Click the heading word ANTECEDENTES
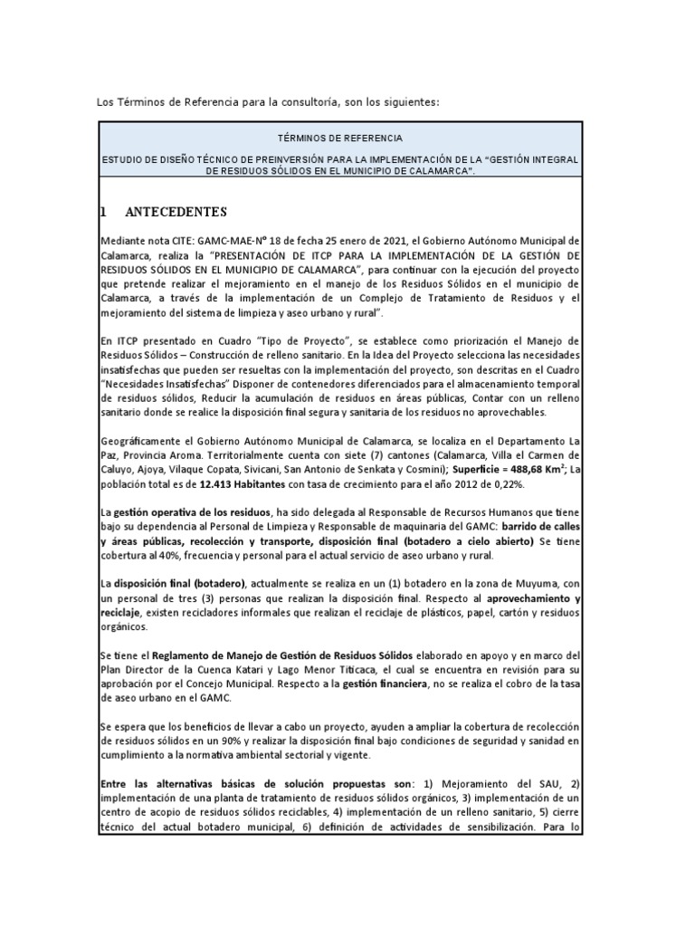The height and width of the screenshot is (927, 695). [176, 213]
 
